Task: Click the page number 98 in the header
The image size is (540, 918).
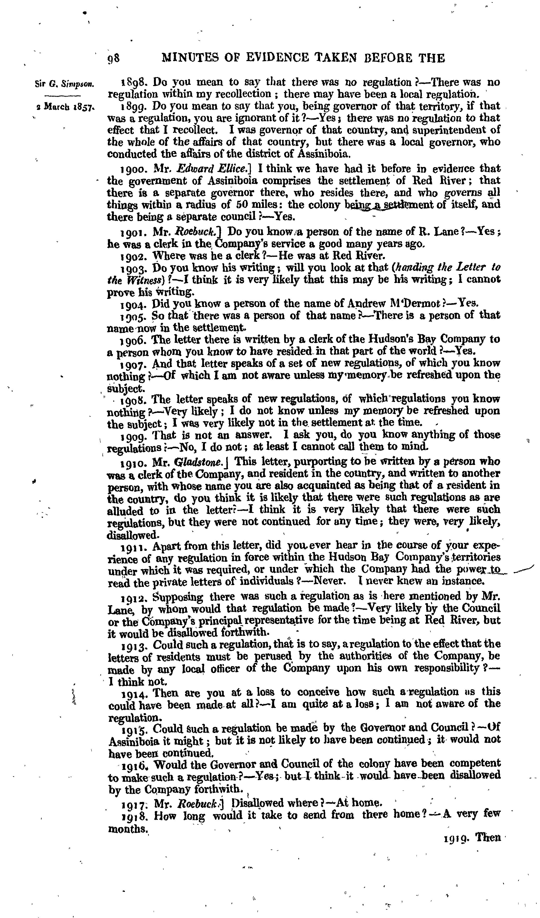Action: (114, 58)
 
